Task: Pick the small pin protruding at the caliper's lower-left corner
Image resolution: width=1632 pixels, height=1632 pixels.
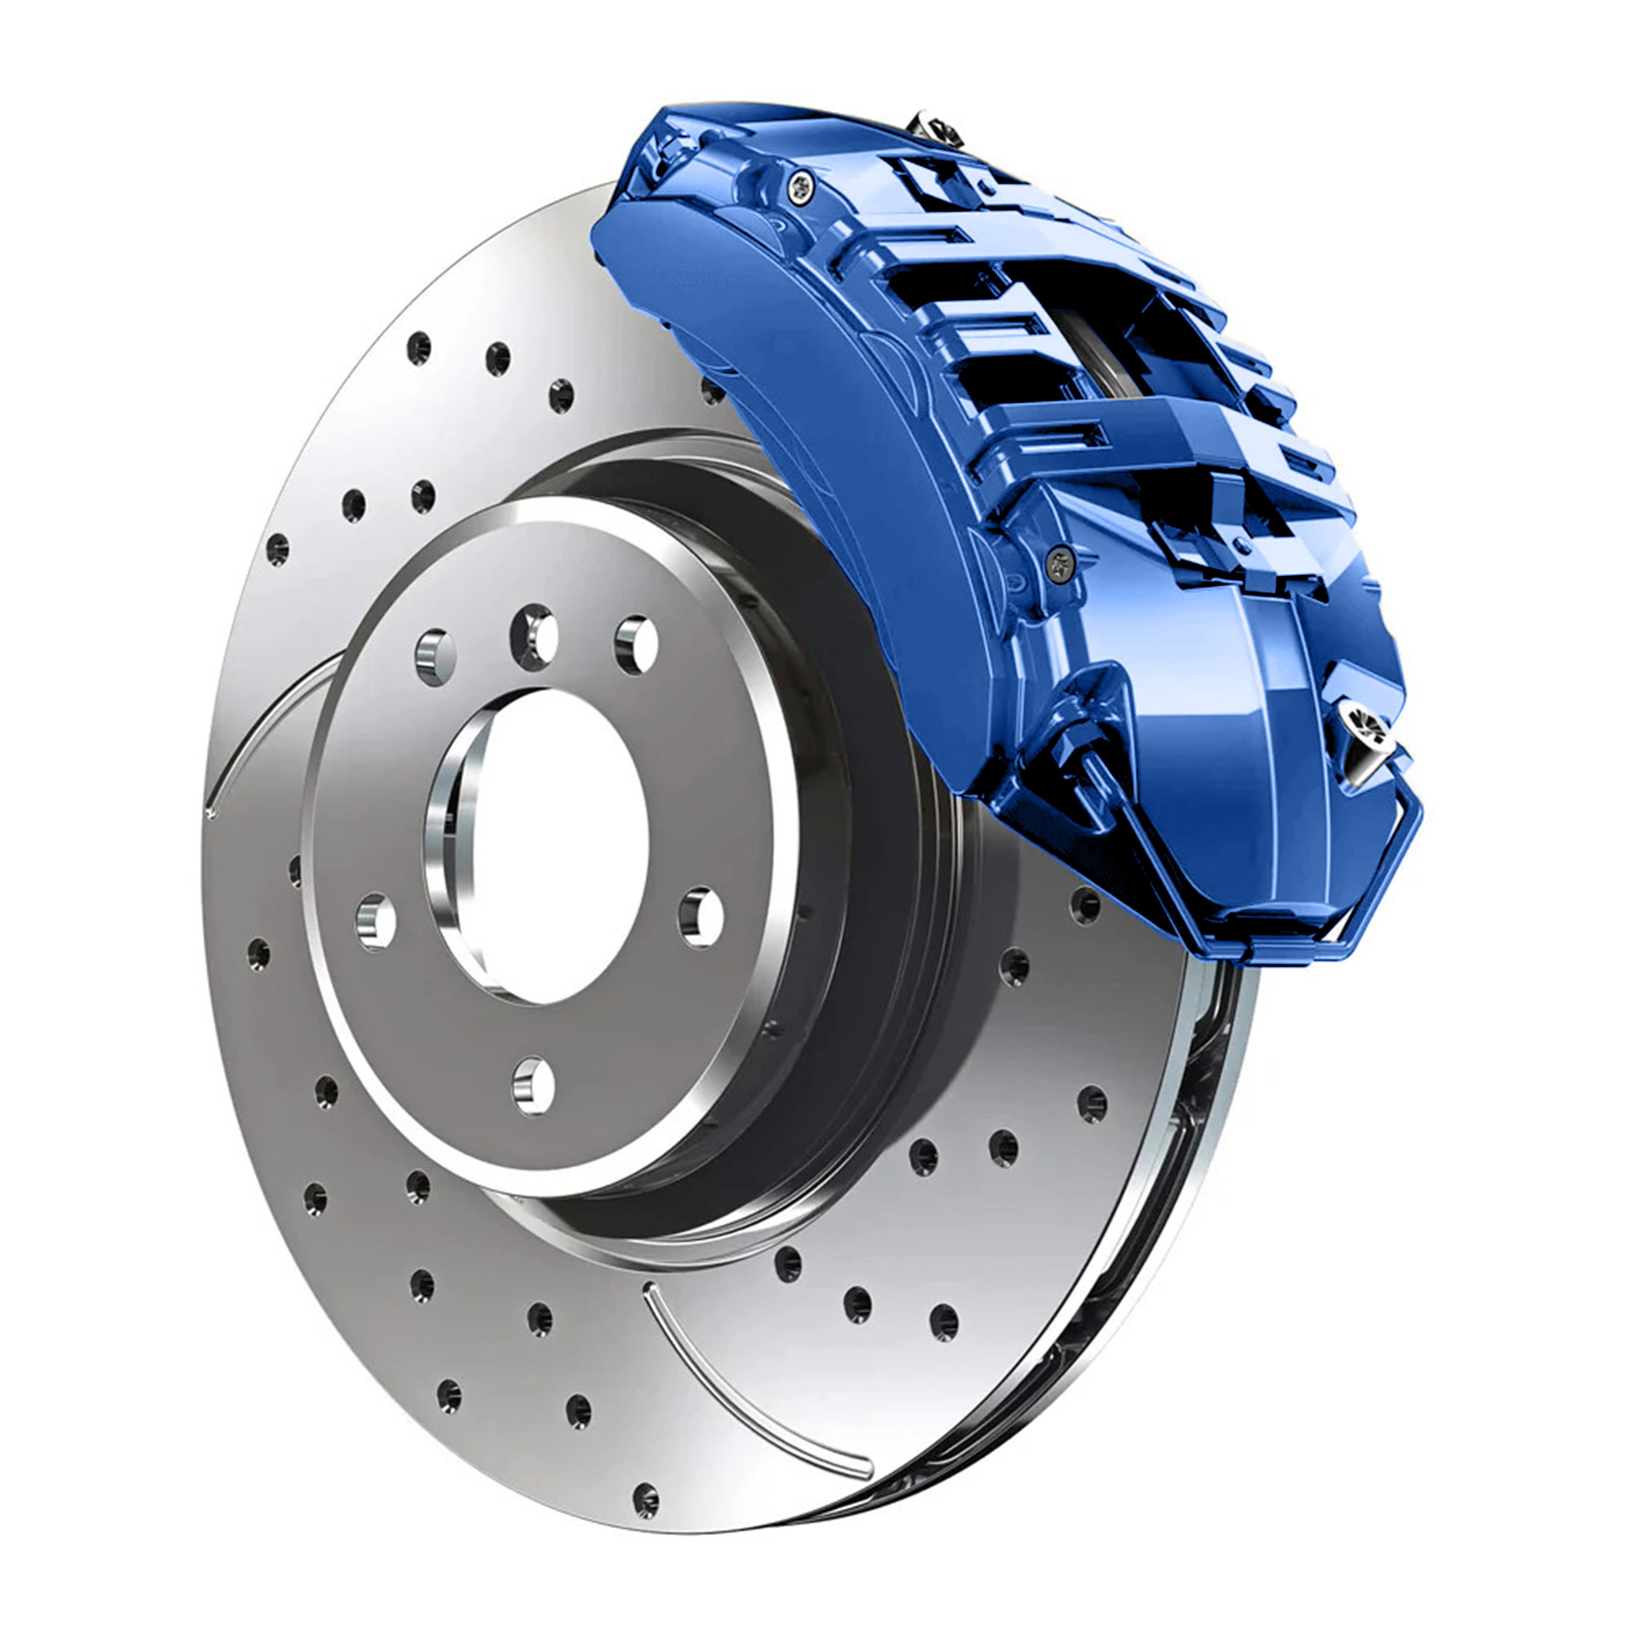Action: click(x=1090, y=764)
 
